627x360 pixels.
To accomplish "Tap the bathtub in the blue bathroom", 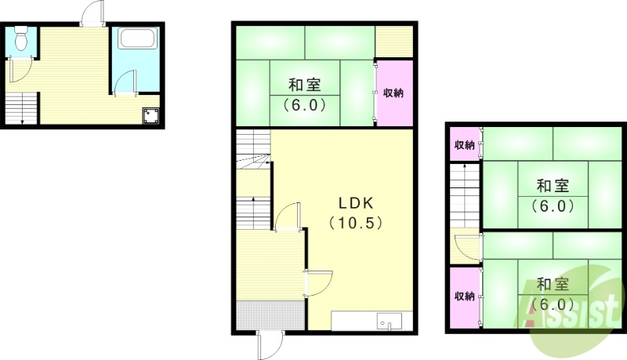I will click(x=139, y=38).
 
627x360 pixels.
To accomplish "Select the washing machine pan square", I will click(x=150, y=116).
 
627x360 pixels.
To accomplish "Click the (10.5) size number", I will click(x=355, y=223).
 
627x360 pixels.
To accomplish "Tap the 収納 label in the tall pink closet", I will click(x=393, y=93).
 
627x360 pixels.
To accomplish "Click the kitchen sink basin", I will click(x=385, y=321).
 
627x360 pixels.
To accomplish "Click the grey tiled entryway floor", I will click(x=268, y=316).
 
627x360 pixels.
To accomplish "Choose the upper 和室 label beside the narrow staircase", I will click(x=553, y=186).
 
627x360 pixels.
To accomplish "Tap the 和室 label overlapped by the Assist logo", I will click(x=553, y=284).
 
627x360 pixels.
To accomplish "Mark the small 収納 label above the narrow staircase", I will click(x=464, y=145).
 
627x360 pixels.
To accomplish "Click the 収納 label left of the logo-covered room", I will click(x=464, y=296).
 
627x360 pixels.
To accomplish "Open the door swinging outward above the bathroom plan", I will click(x=92, y=14).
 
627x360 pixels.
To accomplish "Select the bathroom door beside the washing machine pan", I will click(x=126, y=83).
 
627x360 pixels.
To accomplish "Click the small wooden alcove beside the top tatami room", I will click(x=393, y=39).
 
